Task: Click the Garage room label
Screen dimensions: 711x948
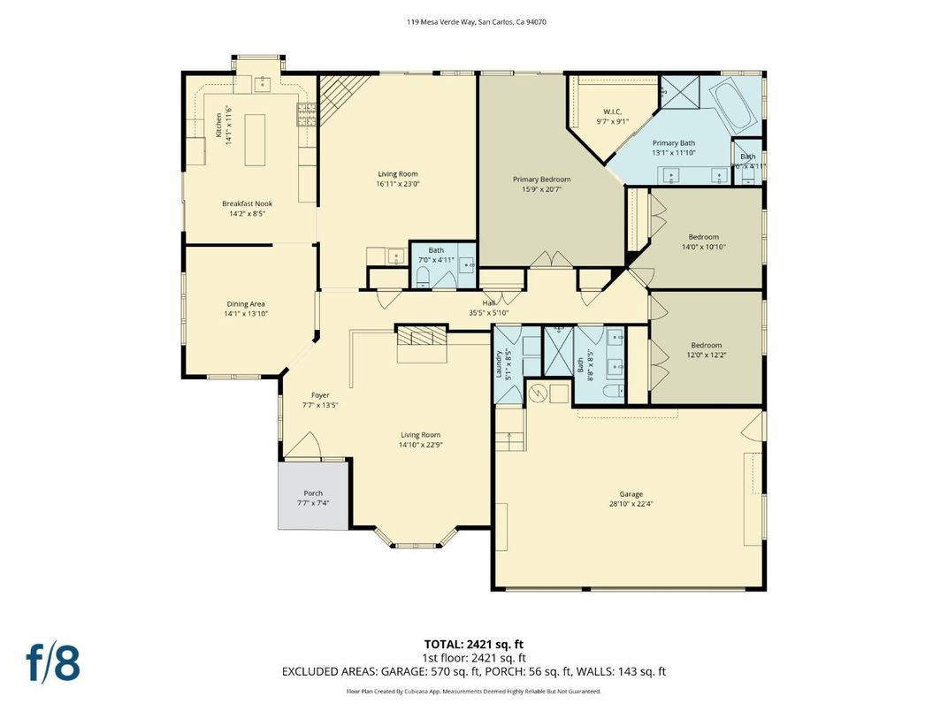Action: click(x=631, y=494)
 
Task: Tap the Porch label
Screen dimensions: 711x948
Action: click(x=313, y=493)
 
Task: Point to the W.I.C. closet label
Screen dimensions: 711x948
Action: click(x=612, y=112)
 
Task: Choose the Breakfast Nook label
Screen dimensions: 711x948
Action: click(x=247, y=203)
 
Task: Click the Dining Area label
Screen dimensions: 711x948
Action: click(x=246, y=304)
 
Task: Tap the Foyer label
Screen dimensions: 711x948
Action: click(x=320, y=395)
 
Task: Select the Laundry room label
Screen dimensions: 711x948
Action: click(x=499, y=364)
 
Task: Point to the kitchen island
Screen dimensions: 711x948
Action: click(x=256, y=140)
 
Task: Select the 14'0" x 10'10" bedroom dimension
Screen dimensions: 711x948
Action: click(x=704, y=248)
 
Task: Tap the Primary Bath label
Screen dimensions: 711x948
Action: click(x=674, y=143)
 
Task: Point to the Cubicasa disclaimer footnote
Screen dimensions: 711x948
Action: click(x=474, y=691)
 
